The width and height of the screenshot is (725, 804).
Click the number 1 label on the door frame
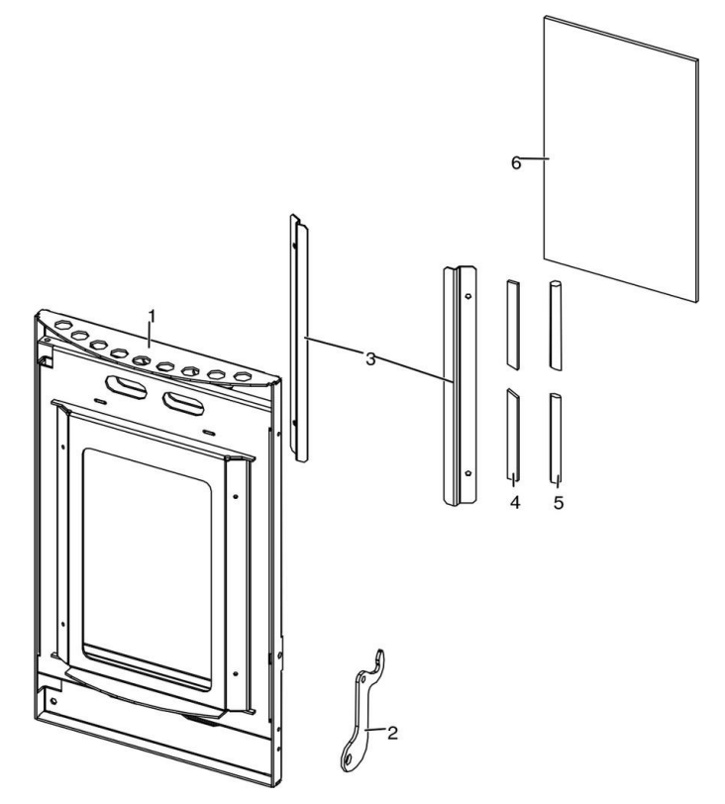(x=152, y=315)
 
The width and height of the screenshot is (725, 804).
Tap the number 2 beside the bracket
(x=392, y=734)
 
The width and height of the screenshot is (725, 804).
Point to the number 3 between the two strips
(x=369, y=358)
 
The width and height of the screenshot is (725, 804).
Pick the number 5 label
(x=559, y=503)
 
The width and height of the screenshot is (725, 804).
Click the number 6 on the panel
(x=515, y=161)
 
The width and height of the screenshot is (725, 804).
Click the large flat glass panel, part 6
(x=624, y=158)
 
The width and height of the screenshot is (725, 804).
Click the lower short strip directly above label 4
(x=512, y=431)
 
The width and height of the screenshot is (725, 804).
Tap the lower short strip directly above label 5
(x=556, y=436)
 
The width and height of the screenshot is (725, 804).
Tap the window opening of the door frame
(x=147, y=564)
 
